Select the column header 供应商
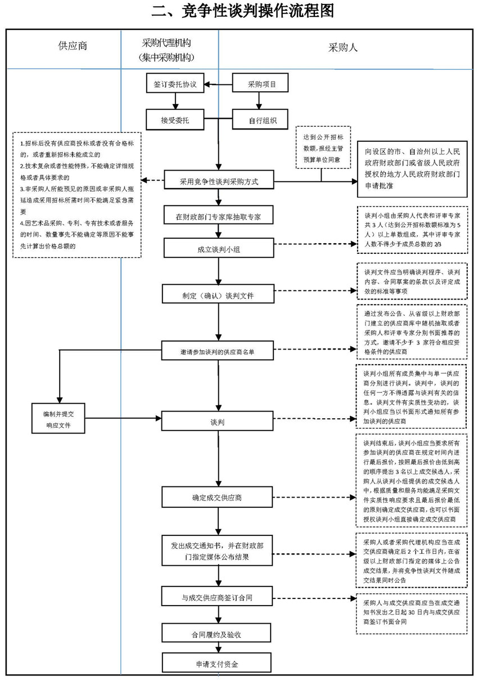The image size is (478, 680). (73, 47)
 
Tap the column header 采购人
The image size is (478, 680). (342, 47)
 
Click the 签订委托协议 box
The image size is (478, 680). (175, 84)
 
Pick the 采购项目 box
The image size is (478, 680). (262, 84)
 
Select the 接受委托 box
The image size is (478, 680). (175, 119)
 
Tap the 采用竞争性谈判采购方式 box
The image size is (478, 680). (218, 181)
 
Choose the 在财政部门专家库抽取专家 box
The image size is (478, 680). (218, 216)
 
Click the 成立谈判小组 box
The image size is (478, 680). (218, 249)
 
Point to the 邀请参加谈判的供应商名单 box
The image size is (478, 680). (218, 350)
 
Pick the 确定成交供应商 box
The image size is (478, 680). (218, 498)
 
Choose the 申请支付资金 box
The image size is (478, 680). (218, 663)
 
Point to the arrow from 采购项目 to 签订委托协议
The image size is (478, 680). (218, 84)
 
